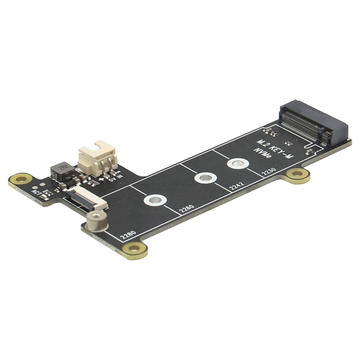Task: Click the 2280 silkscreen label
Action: click(127, 234)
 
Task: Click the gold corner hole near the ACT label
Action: click(20, 180)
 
